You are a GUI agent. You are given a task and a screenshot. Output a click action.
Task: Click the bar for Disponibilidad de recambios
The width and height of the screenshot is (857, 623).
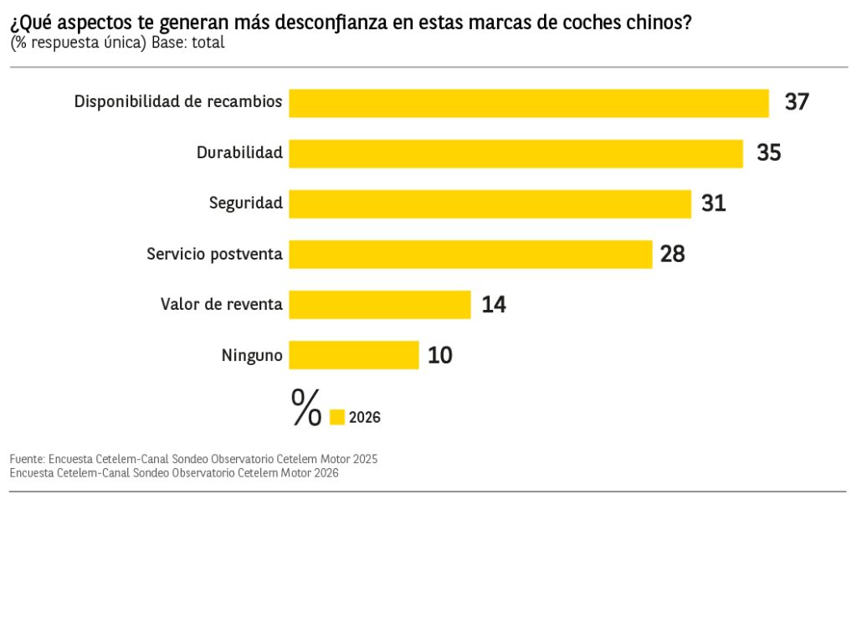[x=529, y=103]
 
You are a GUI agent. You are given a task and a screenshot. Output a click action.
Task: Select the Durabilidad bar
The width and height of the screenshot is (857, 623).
[x=516, y=153]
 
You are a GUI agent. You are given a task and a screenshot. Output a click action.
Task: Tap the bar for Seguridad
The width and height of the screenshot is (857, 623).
[x=490, y=203]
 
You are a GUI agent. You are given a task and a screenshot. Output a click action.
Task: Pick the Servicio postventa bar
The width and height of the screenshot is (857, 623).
[x=470, y=254]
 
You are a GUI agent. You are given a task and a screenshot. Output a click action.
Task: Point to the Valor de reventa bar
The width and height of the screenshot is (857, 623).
[x=380, y=304]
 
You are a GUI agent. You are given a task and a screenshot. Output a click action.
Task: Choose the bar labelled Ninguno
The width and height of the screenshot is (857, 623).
[x=353, y=354]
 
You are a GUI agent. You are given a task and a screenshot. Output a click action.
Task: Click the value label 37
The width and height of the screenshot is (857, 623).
[x=797, y=103]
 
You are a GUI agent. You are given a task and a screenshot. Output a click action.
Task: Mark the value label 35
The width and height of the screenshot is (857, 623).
[x=769, y=153]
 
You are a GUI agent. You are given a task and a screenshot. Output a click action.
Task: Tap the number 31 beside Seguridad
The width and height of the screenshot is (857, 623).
[x=714, y=203]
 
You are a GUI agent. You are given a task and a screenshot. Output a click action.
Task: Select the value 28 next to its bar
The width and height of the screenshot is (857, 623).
[x=673, y=254]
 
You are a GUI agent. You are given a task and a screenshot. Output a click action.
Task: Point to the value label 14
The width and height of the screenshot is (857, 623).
[x=494, y=305]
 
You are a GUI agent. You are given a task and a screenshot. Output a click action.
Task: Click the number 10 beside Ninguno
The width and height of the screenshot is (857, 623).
[x=440, y=355]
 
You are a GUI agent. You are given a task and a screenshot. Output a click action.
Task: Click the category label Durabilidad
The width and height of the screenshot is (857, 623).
[x=239, y=153]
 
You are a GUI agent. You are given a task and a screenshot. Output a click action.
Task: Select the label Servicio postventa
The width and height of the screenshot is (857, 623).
[x=214, y=254]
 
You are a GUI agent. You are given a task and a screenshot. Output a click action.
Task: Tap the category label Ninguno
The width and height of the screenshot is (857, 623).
[x=252, y=355]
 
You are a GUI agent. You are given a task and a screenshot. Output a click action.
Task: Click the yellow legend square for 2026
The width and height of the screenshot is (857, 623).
[x=337, y=417]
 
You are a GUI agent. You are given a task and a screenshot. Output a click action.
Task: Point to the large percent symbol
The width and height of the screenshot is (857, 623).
[x=306, y=407]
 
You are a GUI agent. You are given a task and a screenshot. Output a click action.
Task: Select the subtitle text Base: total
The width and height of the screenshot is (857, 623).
[x=188, y=43]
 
